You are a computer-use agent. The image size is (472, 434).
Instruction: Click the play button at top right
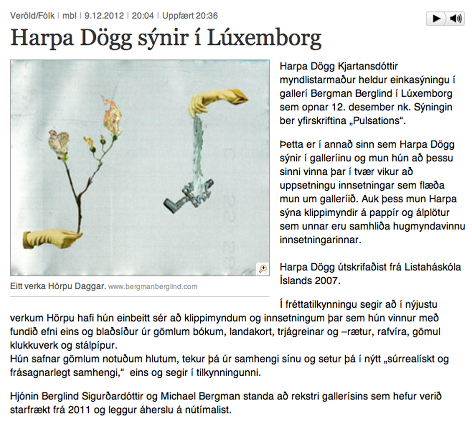pyautogui.click(x=436, y=19)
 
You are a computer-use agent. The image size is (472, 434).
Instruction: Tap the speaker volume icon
pyautogui.click(x=455, y=19)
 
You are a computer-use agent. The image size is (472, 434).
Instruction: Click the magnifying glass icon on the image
pyautogui.click(x=263, y=269)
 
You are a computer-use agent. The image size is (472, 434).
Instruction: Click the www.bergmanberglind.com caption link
pyautogui.click(x=153, y=287)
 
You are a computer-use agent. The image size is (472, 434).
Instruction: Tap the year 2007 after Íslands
pyautogui.click(x=327, y=280)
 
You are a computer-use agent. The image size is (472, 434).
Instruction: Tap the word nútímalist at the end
pyautogui.click(x=209, y=410)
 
